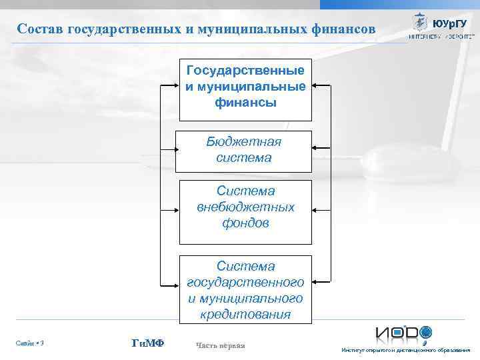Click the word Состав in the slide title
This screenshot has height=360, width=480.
[39, 29]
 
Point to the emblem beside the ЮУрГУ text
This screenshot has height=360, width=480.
[421, 22]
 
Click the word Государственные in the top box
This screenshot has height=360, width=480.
[245, 71]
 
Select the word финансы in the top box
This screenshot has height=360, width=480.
[245, 103]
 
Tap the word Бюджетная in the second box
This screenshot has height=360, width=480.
[243, 142]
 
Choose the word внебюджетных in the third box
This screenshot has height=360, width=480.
[245, 207]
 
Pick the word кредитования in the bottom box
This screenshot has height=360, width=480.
[245, 314]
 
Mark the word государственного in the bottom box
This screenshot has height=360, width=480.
[245, 282]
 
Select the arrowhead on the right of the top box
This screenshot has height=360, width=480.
[316, 86]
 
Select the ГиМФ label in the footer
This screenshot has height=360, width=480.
[149, 343]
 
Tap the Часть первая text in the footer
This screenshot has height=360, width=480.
[221, 345]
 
